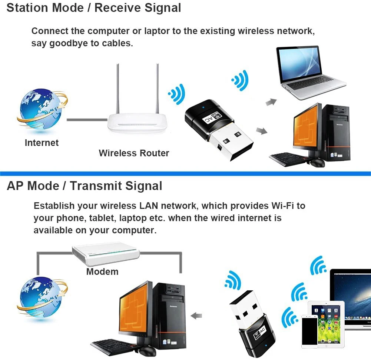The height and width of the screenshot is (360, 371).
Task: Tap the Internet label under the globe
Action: click(x=42, y=143)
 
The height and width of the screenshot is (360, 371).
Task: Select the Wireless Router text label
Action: click(x=134, y=153)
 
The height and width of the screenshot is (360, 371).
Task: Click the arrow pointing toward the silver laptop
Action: click(x=271, y=102)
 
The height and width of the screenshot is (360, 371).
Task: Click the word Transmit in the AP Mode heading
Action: click(x=96, y=186)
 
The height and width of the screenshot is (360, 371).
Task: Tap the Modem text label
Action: click(x=102, y=271)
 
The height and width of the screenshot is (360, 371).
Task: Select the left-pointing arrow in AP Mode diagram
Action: click(x=196, y=316)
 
